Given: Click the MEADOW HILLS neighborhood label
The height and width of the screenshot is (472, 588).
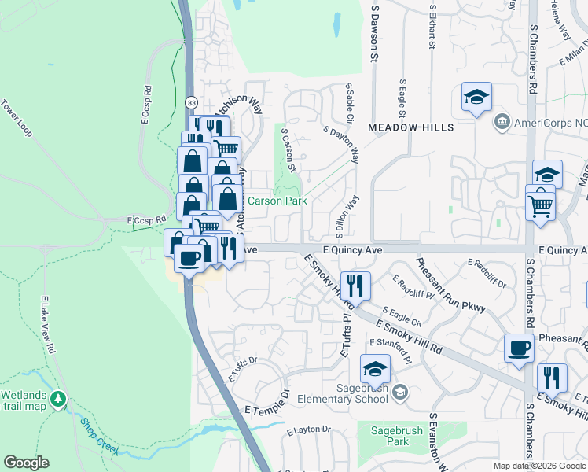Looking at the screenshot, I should [411, 127].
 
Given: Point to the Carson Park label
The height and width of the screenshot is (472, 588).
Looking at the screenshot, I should [277, 201].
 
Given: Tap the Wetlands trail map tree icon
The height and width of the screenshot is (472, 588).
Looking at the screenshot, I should [57, 400].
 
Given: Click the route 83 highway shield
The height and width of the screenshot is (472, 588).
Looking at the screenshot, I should [191, 102].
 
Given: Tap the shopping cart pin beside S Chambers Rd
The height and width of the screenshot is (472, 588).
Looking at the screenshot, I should [540, 205].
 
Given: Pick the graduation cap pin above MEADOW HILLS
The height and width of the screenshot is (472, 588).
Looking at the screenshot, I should [476, 97].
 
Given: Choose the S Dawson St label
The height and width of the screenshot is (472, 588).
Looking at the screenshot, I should [374, 31].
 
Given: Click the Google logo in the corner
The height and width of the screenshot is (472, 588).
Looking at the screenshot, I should [26, 463].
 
